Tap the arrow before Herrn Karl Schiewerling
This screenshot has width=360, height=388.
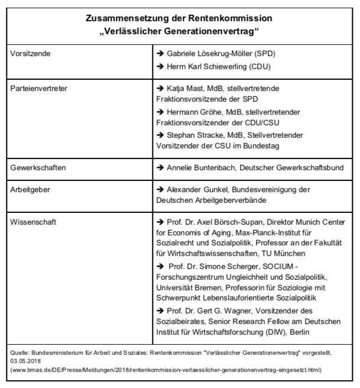click(x=161, y=66)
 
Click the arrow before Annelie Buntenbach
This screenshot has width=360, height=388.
click(x=161, y=168)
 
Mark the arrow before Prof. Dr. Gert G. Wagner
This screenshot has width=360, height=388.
click(x=161, y=311)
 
